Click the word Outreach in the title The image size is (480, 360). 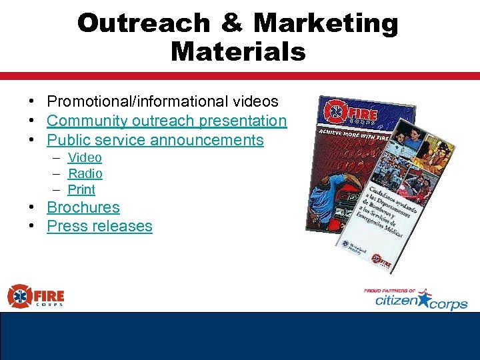(143, 23)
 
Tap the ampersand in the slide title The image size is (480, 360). (231, 23)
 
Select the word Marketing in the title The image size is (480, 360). (326, 23)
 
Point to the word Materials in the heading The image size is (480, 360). (238, 51)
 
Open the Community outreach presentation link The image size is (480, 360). (167, 121)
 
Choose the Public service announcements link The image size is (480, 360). (155, 140)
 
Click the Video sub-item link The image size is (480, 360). (85, 158)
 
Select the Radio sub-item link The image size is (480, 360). (85, 174)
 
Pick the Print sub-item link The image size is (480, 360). (82, 190)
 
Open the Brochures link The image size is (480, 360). (83, 207)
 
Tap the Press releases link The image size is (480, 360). (99, 226)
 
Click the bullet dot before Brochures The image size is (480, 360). (32, 207)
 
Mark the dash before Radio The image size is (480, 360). (57, 174)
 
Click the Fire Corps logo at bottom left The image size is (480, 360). (36, 296)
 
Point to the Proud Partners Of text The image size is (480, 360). (389, 291)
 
